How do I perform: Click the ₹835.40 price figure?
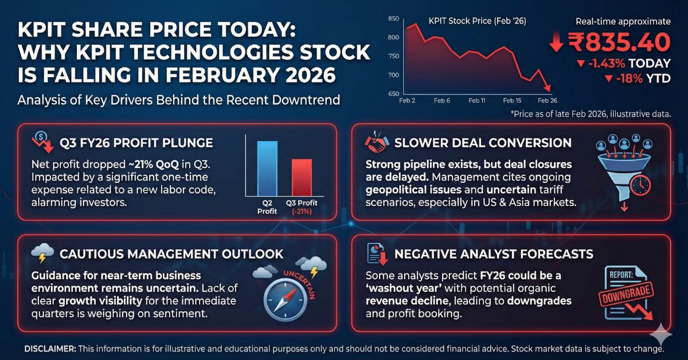619,42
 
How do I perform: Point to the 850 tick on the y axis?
393,19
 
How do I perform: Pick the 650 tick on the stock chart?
393,93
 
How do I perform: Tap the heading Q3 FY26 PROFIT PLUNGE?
137,142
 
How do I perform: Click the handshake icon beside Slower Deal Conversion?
376,143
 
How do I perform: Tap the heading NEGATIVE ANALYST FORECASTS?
494,253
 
